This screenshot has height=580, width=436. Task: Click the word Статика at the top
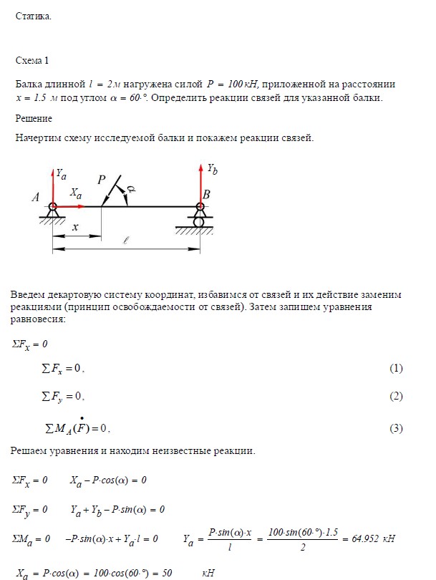(x=33, y=17)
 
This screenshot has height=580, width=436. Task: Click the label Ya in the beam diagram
(x=62, y=173)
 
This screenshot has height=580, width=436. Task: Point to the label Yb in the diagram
(x=213, y=170)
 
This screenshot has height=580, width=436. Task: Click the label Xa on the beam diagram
(x=76, y=193)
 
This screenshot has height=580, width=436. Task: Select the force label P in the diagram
(x=102, y=181)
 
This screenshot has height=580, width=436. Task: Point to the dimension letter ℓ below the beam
(x=125, y=241)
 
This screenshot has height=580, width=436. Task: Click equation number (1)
(x=396, y=368)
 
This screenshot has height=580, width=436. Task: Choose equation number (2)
(x=396, y=396)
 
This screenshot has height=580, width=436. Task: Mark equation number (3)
(x=396, y=428)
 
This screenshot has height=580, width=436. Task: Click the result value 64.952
(x=368, y=538)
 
